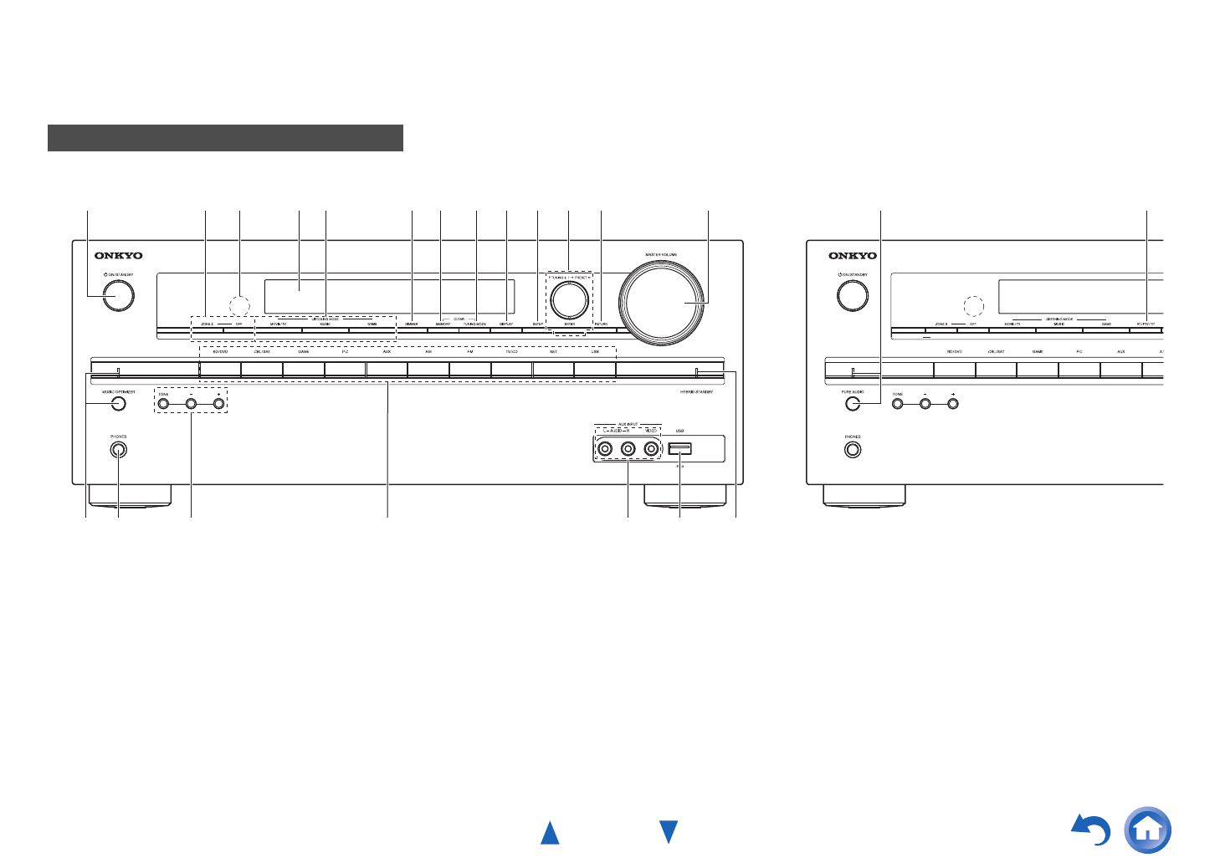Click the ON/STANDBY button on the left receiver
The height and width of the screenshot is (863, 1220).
click(x=119, y=296)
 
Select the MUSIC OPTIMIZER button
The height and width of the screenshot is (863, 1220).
click(x=118, y=404)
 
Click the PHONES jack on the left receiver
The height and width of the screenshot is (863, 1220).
click(x=118, y=449)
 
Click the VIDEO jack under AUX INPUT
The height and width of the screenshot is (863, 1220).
click(x=650, y=449)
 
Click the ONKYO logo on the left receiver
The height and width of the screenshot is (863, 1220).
click(x=118, y=256)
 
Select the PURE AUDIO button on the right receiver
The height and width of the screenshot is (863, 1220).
click(x=853, y=404)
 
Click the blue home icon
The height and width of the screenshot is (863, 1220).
click(x=1148, y=830)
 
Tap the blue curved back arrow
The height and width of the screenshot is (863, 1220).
click(x=1092, y=830)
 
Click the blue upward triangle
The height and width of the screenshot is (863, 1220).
click(x=550, y=833)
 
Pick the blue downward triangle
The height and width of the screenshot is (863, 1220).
click(x=668, y=832)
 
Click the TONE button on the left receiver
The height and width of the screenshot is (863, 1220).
click(x=163, y=404)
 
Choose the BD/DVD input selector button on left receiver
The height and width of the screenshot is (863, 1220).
click(x=220, y=369)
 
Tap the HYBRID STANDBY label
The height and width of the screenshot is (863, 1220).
click(x=696, y=391)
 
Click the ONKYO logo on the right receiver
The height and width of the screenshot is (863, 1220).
click(x=853, y=256)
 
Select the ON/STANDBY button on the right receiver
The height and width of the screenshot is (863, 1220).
click(x=853, y=296)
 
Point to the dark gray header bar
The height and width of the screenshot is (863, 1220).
click(x=225, y=138)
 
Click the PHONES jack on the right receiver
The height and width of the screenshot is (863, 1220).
click(x=853, y=449)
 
